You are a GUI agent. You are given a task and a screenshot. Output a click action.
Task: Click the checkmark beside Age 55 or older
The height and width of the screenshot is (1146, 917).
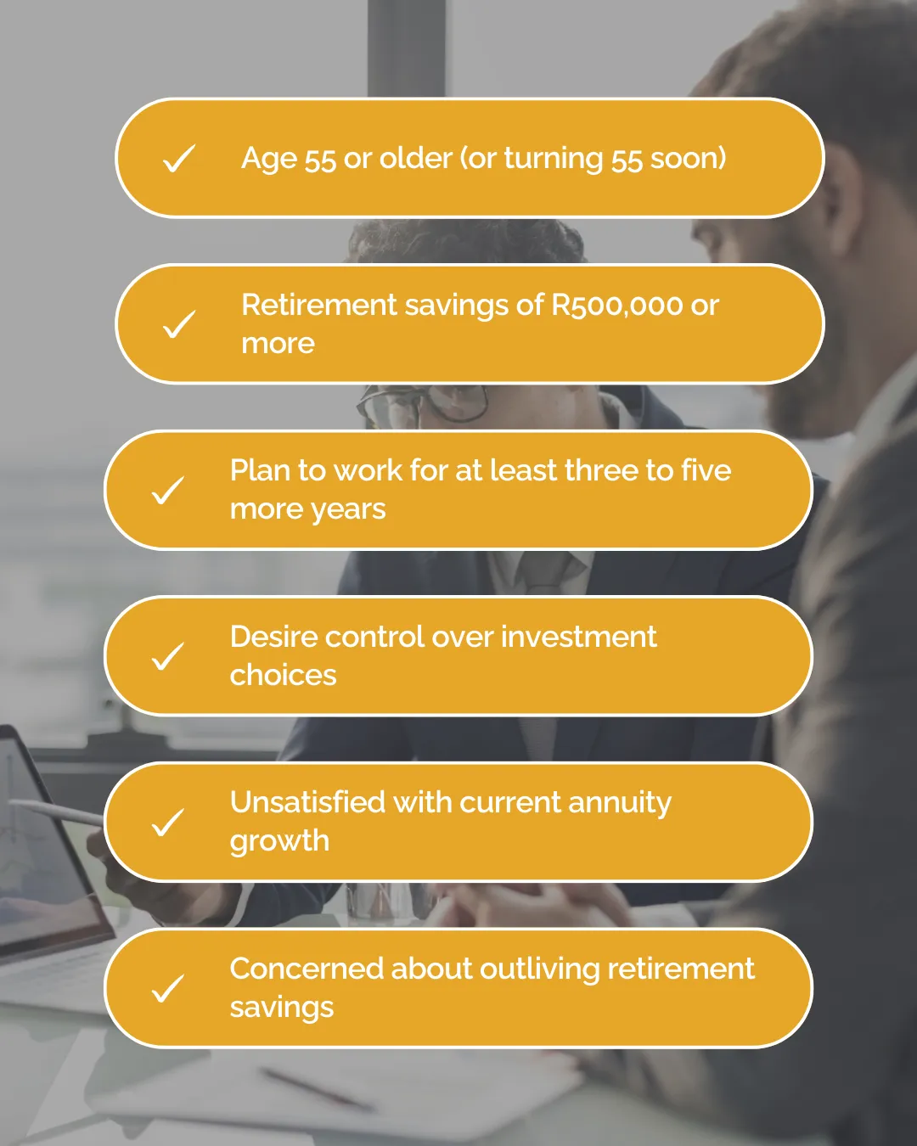coord(179,158)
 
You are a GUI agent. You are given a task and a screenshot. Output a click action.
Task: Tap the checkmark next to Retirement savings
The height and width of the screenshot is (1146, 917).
coord(179,324)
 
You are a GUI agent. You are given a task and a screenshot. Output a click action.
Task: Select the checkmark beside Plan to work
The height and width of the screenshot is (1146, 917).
coord(168,490)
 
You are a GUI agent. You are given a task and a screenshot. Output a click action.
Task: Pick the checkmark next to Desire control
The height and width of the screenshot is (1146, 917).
coord(168,656)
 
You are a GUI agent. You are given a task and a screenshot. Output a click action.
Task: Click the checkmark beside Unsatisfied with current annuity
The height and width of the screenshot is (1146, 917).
coord(168,823)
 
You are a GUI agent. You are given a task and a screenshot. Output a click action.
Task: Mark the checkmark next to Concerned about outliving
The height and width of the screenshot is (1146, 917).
coord(168,988)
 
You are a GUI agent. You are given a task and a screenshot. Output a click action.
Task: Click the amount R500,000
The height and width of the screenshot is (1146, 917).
coord(617,306)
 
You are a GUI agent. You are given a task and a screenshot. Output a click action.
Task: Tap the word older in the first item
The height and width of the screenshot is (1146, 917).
coord(415,158)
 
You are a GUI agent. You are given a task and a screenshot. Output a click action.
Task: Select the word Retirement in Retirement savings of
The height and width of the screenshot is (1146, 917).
coord(319,305)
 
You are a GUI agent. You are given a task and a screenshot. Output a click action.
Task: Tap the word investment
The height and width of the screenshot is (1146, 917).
coord(579,637)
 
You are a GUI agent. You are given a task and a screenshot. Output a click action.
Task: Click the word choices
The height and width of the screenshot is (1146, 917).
coord(283,675)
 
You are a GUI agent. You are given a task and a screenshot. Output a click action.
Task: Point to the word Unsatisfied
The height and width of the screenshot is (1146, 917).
coord(307,802)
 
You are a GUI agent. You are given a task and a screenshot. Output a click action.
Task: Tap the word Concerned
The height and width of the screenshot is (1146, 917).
coord(307,969)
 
